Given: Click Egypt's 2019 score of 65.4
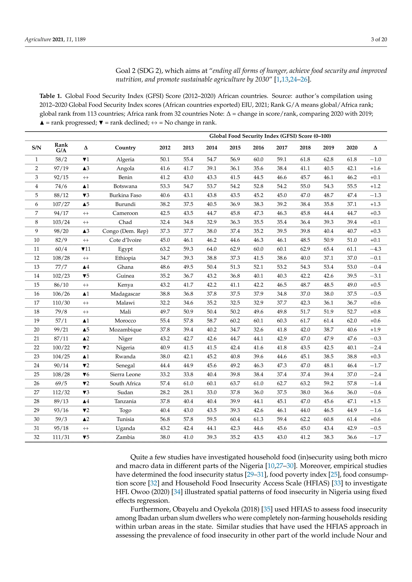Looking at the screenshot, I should [x=328, y=249].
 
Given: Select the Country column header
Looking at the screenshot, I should [x=125, y=148].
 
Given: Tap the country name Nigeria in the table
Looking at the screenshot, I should [x=125, y=347].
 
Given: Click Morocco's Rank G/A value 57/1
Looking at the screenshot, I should [x=61, y=321].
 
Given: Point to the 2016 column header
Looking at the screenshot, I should [x=258, y=148].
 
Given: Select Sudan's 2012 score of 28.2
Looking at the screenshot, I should [x=165, y=392].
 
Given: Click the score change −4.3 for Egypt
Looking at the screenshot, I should [x=375, y=249].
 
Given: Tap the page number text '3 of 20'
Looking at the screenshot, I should [x=379, y=39].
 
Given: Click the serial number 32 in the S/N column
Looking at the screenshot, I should [x=37, y=437].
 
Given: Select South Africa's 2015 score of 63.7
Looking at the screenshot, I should [x=235, y=383].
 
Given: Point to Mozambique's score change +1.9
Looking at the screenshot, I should [x=375, y=330].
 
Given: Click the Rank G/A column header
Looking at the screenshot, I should [x=61, y=148].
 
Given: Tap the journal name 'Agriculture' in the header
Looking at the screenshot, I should [x=38, y=39].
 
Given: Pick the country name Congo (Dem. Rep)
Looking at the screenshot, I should [x=125, y=231].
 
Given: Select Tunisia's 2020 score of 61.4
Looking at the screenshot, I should [x=352, y=419].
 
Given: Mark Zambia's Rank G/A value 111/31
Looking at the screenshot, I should [x=61, y=437].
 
